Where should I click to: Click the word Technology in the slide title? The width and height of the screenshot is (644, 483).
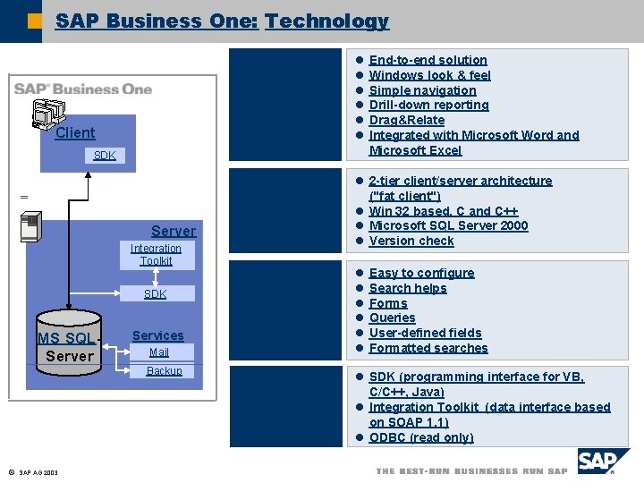[x=326, y=21]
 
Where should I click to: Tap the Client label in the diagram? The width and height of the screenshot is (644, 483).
[x=75, y=133]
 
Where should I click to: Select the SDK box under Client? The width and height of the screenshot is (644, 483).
[x=105, y=156]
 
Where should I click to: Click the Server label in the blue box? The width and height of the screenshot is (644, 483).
[x=174, y=231]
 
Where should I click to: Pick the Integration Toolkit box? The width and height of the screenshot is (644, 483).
[x=156, y=255]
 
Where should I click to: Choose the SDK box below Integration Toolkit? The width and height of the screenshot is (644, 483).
[x=156, y=294]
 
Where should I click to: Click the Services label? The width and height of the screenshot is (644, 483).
[x=157, y=335]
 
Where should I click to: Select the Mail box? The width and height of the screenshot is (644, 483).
[x=159, y=352]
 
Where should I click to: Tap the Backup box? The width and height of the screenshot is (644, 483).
[x=164, y=371]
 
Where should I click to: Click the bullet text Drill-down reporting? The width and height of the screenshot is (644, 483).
[x=428, y=106]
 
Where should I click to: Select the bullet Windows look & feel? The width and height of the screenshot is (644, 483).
[x=429, y=75]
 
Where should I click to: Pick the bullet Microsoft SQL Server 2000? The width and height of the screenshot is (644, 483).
[x=448, y=225]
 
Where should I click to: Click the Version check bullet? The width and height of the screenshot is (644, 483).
[x=411, y=241]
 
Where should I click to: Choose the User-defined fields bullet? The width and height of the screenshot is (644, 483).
[x=425, y=333]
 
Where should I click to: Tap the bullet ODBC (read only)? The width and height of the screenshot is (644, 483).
[x=420, y=437]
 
